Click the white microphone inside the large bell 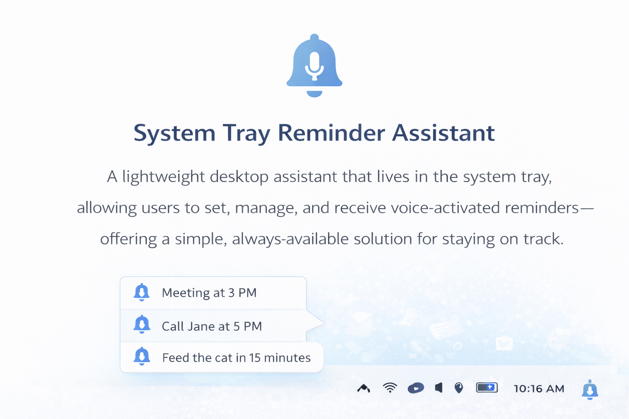click(314, 66)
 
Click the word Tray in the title click(247, 134)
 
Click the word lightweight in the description click(163, 177)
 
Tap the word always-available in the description click(290, 239)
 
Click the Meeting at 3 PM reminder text click(209, 293)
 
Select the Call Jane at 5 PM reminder click(212, 327)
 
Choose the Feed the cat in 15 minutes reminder click(236, 358)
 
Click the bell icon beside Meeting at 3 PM click(142, 292)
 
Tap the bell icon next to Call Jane click(142, 324)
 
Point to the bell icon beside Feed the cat click(142, 356)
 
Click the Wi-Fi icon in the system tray click(390, 388)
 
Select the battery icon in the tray click(487, 388)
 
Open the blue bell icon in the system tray click(590, 390)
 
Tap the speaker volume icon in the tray click(439, 388)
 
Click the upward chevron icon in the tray click(364, 388)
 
